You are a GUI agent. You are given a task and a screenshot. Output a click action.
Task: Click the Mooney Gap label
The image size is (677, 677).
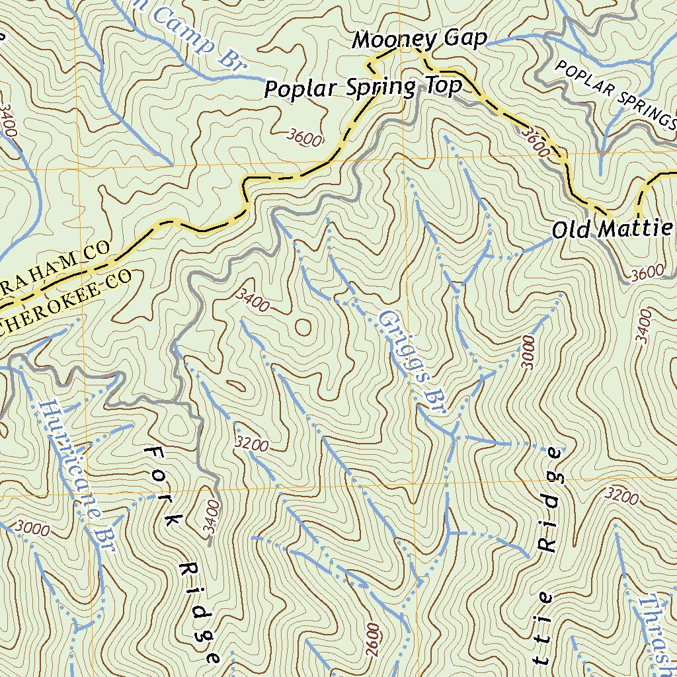click(x=419, y=40)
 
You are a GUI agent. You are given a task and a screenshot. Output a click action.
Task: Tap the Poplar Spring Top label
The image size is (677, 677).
click(x=363, y=87)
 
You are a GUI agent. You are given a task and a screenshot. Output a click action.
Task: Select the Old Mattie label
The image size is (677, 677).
click(x=612, y=229)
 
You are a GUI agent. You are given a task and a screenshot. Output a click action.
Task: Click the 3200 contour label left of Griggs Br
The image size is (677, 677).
click(x=252, y=445)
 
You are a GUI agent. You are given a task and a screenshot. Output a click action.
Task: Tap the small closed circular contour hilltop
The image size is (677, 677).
click(x=303, y=327)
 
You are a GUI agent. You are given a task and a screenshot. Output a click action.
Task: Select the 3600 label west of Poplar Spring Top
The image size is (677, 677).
click(x=305, y=138)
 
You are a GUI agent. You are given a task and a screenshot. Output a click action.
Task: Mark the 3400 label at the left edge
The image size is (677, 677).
click(x=8, y=119)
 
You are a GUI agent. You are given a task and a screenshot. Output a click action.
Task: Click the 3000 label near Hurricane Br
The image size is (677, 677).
click(x=32, y=528)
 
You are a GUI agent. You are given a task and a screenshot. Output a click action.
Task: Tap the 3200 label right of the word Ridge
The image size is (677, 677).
click(x=622, y=495)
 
